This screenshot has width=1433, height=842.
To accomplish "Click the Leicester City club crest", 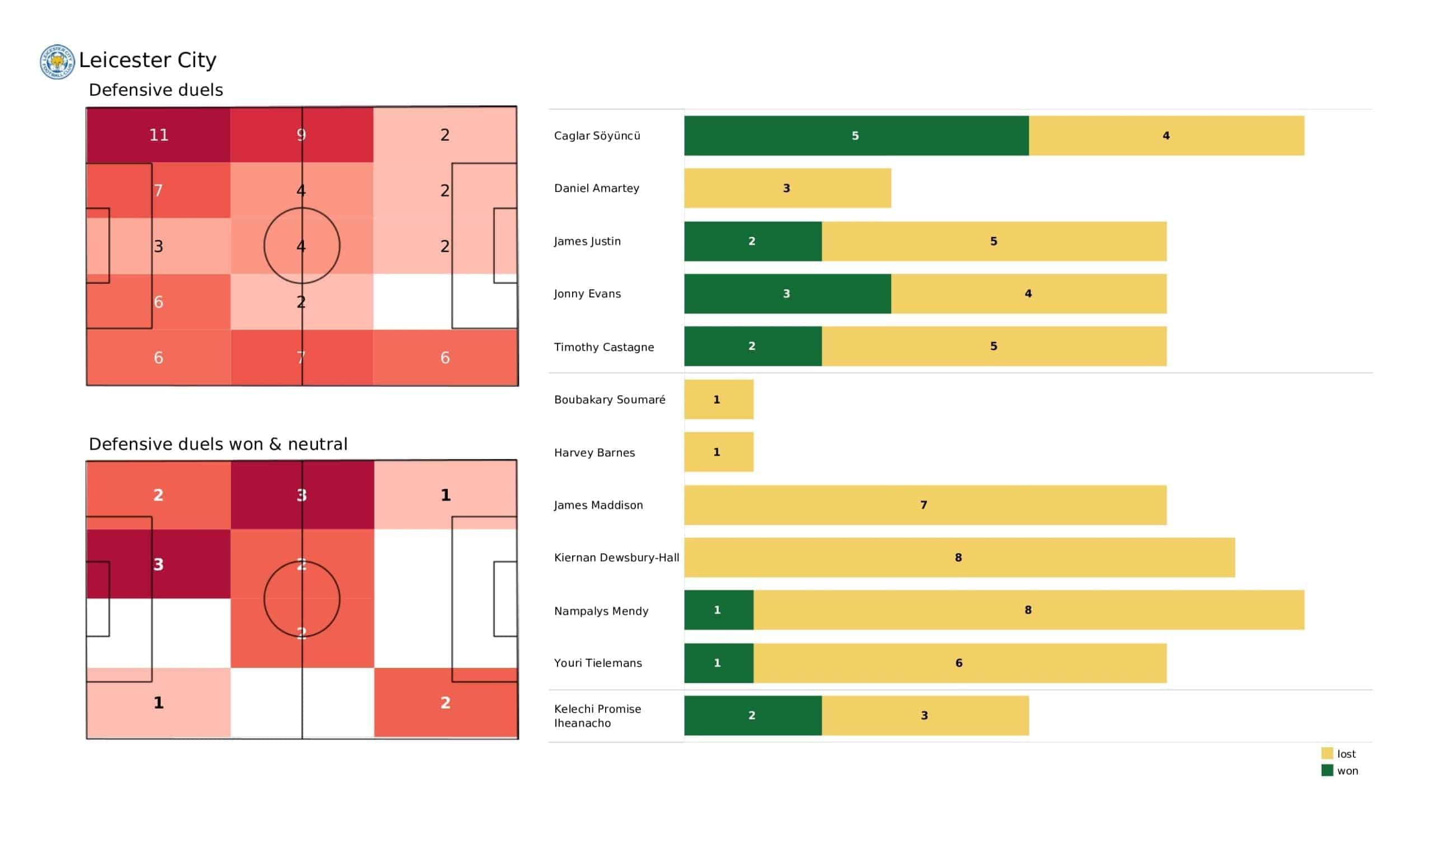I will (x=57, y=62).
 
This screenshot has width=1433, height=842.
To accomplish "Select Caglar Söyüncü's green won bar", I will (x=856, y=135).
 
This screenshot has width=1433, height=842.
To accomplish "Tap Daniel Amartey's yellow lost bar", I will (x=787, y=188).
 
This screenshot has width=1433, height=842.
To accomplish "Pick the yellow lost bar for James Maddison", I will (x=925, y=504).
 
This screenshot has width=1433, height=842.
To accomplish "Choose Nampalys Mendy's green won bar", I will (x=718, y=610).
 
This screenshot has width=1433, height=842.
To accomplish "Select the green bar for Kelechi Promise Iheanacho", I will (x=752, y=715).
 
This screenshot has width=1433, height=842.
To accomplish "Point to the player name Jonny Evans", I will (x=587, y=293).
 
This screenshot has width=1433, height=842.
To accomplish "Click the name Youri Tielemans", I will (x=598, y=663).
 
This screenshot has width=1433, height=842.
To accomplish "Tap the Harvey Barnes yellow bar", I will (x=718, y=452).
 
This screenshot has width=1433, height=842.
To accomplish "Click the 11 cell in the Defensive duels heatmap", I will (x=158, y=135).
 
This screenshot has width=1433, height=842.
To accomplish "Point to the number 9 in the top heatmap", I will (x=301, y=135).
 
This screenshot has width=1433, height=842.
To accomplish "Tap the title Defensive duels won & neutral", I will (x=218, y=444).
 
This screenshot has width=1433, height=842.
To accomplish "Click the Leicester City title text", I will (x=147, y=60).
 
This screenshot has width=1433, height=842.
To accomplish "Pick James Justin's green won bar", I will (x=752, y=241).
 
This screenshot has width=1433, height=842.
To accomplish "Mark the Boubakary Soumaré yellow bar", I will (x=718, y=399).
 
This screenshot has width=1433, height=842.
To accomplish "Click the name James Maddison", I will (x=598, y=504).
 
